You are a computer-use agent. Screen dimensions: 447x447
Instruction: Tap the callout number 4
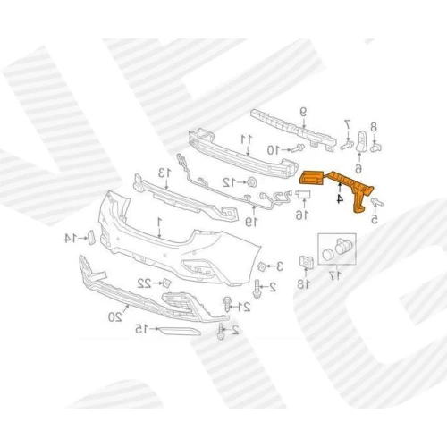(x=340, y=198)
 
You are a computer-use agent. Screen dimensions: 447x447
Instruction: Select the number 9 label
(x=303, y=113)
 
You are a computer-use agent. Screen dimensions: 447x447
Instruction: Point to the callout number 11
(x=247, y=139)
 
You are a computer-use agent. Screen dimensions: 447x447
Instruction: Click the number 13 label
(x=164, y=173)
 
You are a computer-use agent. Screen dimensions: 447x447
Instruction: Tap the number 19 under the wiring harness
(x=251, y=223)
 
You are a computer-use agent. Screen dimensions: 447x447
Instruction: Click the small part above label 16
(x=304, y=194)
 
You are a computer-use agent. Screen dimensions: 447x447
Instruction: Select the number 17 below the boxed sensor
(x=335, y=276)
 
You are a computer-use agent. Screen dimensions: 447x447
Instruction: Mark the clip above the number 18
(x=307, y=261)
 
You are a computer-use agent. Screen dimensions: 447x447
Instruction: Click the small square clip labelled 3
(x=262, y=266)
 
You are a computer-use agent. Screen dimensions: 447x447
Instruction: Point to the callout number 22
(x=145, y=283)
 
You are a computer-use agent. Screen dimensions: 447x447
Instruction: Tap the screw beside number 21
(x=227, y=304)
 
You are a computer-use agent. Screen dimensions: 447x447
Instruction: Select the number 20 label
(x=115, y=316)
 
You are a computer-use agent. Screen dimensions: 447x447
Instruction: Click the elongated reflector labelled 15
(x=179, y=331)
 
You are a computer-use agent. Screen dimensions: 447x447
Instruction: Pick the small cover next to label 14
(x=90, y=238)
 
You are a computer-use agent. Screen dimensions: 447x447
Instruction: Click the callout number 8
(x=374, y=127)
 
